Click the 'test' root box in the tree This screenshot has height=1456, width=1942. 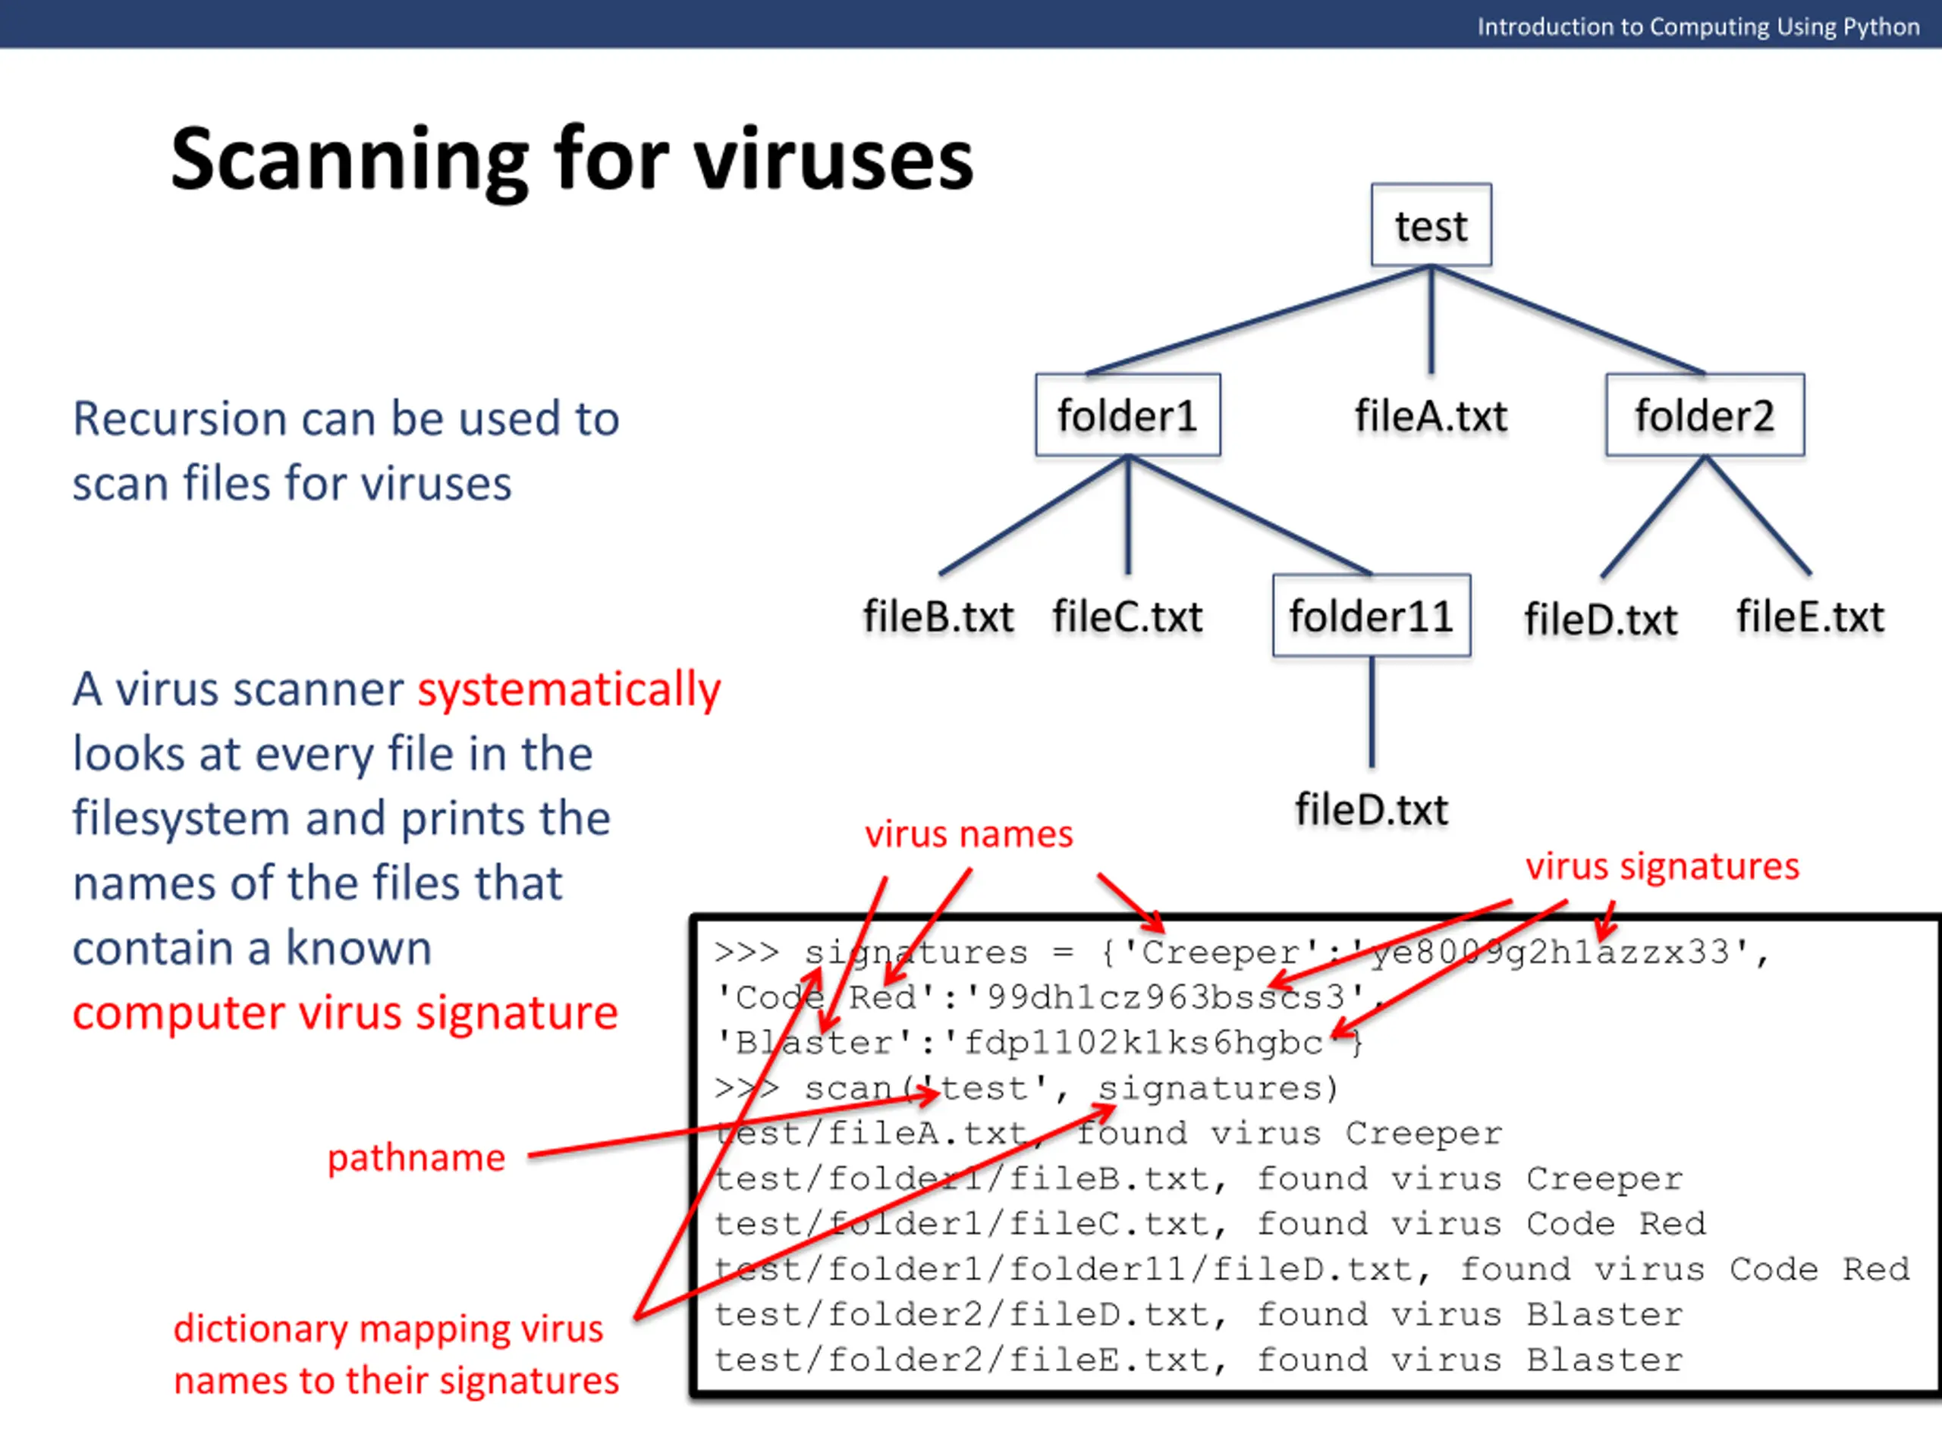[1431, 225]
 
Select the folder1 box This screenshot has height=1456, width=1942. [1127, 415]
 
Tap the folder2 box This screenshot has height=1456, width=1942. [1704, 415]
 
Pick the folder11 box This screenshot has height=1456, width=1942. [1371, 616]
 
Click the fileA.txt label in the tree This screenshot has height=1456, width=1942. [1430, 416]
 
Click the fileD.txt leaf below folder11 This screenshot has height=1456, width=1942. [1372, 809]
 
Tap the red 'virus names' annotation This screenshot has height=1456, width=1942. [969, 833]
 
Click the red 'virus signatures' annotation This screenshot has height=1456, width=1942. [1662, 866]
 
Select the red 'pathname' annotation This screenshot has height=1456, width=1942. [416, 1158]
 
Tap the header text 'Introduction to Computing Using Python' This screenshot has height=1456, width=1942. [1698, 27]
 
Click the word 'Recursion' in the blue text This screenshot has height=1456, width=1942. [179, 419]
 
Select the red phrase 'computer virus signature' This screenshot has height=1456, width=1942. [345, 1013]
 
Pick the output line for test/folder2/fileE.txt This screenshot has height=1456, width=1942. [1199, 1360]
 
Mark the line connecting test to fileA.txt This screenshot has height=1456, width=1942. [1431, 320]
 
